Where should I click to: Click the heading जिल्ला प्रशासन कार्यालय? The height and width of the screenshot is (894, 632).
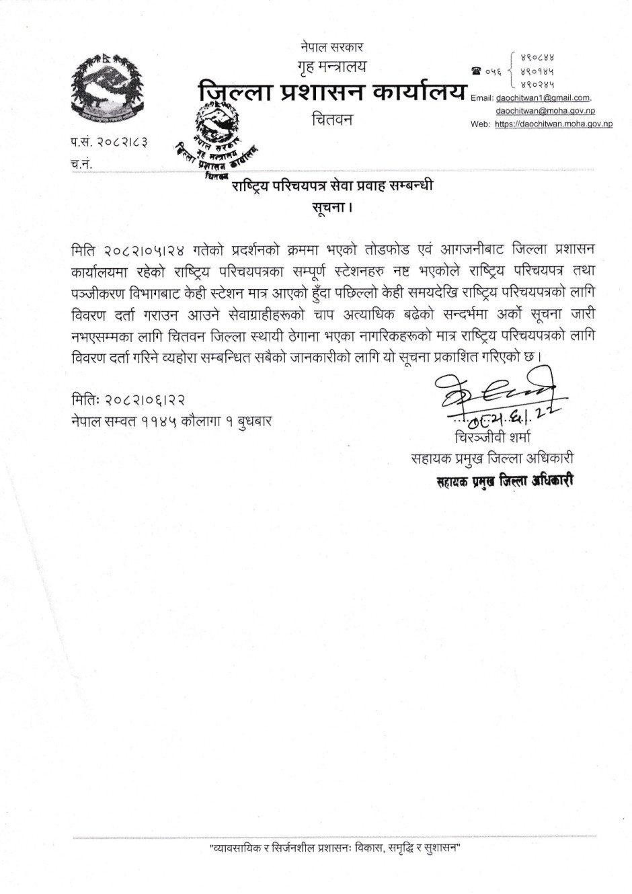pyautogui.click(x=333, y=91)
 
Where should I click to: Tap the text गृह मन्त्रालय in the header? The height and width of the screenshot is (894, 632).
pyautogui.click(x=333, y=66)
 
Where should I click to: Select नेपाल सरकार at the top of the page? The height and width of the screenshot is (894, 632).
pyautogui.click(x=333, y=47)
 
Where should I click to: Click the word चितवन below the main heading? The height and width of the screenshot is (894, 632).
pyautogui.click(x=332, y=120)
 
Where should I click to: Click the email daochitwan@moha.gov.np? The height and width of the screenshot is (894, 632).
pyautogui.click(x=545, y=110)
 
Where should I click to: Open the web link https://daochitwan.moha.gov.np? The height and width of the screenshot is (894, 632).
pyautogui.click(x=553, y=124)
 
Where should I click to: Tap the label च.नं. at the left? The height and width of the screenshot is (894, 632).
pyautogui.click(x=81, y=163)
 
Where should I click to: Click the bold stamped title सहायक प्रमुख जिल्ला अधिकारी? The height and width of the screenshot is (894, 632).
pyautogui.click(x=504, y=481)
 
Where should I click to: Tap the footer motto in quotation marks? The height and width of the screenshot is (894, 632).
pyautogui.click(x=334, y=848)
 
